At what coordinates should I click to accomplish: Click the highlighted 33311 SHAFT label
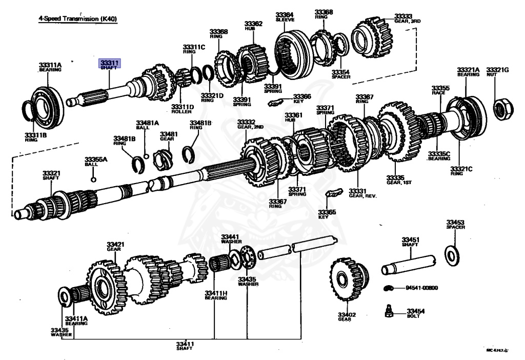click(x=110, y=64)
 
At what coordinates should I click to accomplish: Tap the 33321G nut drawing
click(x=501, y=108)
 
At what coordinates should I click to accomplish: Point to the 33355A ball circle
click(x=93, y=179)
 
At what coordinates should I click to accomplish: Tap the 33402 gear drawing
click(x=347, y=279)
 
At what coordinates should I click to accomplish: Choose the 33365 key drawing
click(x=334, y=193)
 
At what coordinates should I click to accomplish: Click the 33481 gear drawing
click(x=164, y=154)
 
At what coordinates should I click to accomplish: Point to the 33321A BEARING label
click(x=468, y=72)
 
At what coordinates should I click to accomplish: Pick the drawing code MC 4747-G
click(x=497, y=350)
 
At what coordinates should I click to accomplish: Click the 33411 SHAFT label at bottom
click(x=185, y=345)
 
